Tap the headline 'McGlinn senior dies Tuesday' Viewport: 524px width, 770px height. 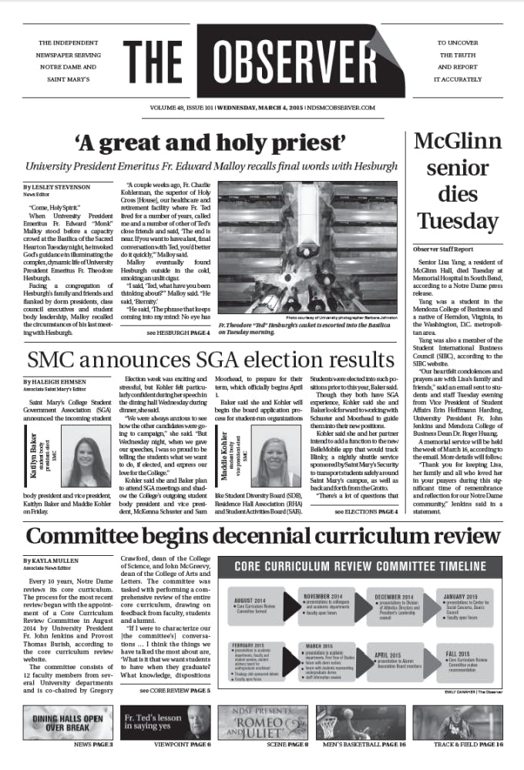458,185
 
